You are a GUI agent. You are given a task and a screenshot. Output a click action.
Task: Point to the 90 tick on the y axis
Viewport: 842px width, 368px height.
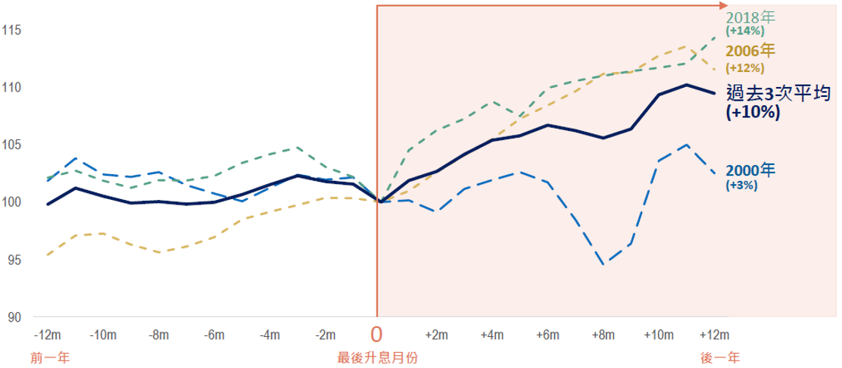click(x=13, y=317)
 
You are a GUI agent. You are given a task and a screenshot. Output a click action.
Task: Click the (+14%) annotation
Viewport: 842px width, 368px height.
click(x=745, y=32)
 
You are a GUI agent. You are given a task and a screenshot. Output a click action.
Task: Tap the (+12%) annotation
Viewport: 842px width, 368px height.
click(x=745, y=67)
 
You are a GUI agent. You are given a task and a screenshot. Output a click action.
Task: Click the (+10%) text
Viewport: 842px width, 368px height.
click(x=753, y=112)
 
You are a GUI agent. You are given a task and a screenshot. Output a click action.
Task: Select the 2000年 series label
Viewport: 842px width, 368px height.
click(x=750, y=170)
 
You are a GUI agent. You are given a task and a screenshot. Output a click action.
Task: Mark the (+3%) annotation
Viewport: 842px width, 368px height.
click(x=742, y=185)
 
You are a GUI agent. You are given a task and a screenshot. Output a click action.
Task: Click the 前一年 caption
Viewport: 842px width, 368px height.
click(x=46, y=357)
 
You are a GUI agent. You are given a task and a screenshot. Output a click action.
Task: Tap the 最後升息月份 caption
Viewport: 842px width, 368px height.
click(x=377, y=357)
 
